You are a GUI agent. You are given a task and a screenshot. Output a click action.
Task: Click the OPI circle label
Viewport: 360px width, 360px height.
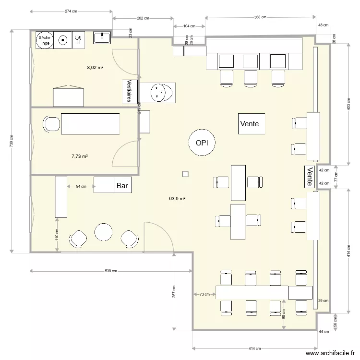pos(202,143)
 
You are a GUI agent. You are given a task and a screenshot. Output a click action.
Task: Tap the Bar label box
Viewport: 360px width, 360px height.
pos(122,185)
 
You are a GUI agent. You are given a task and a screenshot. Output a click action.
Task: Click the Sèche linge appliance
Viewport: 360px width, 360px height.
pos(44,40)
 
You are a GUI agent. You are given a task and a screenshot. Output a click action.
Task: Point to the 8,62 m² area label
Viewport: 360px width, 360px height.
pos(95,68)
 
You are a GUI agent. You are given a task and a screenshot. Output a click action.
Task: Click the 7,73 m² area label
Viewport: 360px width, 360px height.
pos(79,156)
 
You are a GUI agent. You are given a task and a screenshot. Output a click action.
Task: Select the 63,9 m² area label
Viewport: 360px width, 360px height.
pos(177,198)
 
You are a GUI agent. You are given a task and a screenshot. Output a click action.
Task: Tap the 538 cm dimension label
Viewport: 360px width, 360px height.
pos(111,271)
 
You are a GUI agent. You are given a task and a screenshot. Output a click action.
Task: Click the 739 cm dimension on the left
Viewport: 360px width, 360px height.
pos(11,141)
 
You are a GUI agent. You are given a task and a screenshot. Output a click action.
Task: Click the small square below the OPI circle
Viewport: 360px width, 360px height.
pos(185,174)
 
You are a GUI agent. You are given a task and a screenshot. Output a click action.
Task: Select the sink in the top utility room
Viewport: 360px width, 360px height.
pos(102,37)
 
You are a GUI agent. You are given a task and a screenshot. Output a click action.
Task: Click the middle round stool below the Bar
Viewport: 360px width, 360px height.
pos(103,232)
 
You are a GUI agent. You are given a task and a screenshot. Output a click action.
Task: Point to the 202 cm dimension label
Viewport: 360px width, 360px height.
pos(143,18)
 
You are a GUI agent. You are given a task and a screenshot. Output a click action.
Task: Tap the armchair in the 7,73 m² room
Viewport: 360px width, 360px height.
pos(51,124)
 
